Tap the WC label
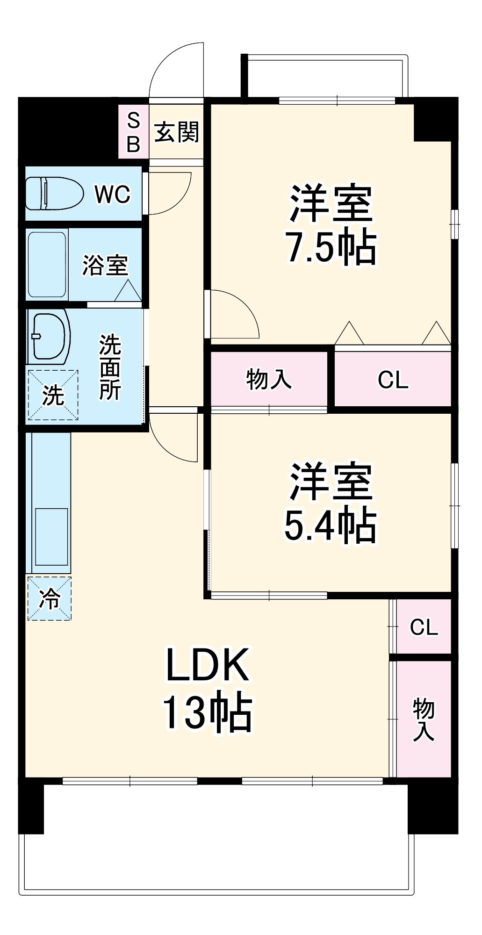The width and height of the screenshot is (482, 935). [x=112, y=194]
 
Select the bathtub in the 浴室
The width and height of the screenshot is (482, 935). [x=47, y=265]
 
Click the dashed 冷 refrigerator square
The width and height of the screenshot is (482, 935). [x=50, y=598]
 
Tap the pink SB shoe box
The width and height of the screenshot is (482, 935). [x=133, y=133]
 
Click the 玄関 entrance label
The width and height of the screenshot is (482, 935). [x=177, y=132]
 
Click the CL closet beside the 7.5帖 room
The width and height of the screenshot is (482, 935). [x=393, y=380]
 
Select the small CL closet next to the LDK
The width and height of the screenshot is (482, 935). [x=424, y=627]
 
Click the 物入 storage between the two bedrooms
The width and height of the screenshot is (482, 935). [x=269, y=379]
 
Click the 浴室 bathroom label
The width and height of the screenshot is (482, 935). [x=105, y=266]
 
